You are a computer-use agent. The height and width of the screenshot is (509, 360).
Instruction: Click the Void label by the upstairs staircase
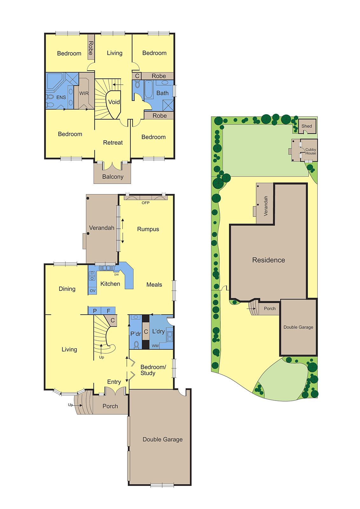[114, 102]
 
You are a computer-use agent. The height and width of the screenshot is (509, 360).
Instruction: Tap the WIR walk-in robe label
[84, 94]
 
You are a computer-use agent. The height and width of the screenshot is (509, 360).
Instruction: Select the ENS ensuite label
[61, 98]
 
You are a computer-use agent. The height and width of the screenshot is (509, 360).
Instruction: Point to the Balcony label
[113, 177]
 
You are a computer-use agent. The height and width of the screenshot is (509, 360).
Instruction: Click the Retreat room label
[113, 143]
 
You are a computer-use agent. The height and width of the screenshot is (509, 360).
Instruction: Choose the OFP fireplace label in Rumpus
[146, 203]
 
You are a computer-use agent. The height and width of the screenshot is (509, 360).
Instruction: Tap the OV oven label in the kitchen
[93, 291]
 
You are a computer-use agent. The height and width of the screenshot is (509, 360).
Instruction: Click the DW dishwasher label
[116, 275]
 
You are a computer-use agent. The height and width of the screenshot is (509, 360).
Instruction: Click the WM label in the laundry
[155, 346]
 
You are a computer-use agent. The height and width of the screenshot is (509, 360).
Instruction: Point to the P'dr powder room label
[135, 334]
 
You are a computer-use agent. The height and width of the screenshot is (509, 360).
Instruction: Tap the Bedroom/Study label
[153, 370]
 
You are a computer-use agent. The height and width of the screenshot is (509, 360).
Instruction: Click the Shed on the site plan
[307, 126]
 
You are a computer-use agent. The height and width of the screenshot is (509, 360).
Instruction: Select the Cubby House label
[311, 151]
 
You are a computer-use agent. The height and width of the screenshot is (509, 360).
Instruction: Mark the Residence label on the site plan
[268, 260]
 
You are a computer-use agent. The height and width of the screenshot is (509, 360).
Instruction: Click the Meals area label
[154, 285]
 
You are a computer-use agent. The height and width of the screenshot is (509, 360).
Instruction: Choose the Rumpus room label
[148, 229]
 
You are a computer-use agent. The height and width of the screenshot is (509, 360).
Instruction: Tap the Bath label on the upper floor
[163, 93]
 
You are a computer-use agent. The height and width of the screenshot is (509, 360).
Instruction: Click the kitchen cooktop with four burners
[92, 275]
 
